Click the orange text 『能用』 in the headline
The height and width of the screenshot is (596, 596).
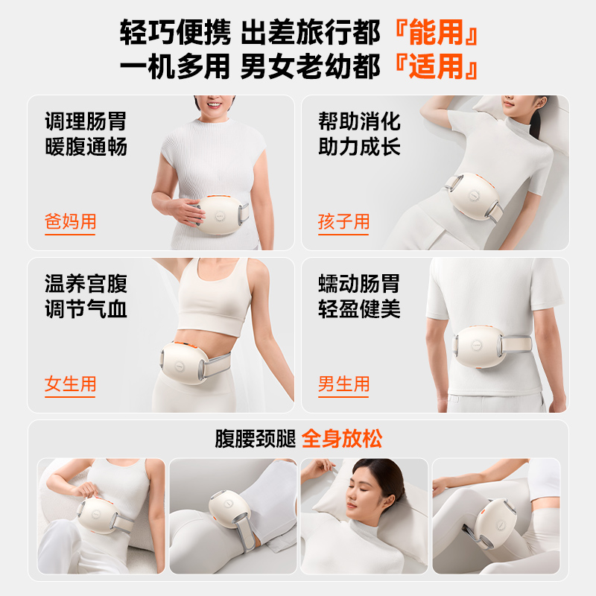[x=436, y=33]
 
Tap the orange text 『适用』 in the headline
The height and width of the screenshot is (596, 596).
[x=436, y=66]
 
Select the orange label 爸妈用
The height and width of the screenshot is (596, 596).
[x=70, y=221]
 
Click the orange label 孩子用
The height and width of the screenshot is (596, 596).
[x=343, y=221]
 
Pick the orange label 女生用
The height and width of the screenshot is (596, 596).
[x=70, y=384]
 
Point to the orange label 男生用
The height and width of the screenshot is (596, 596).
[x=343, y=384]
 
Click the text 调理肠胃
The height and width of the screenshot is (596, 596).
[x=86, y=121]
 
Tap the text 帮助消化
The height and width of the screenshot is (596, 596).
[x=359, y=121]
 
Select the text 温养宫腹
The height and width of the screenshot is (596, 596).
[x=86, y=284]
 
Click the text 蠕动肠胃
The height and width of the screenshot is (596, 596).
[x=359, y=284]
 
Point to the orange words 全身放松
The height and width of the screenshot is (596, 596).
[x=342, y=439]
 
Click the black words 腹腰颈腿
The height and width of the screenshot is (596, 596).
[x=255, y=439]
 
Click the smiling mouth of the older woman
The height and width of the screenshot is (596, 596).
[x=214, y=104]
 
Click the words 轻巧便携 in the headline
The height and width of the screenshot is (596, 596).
[x=175, y=33]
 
